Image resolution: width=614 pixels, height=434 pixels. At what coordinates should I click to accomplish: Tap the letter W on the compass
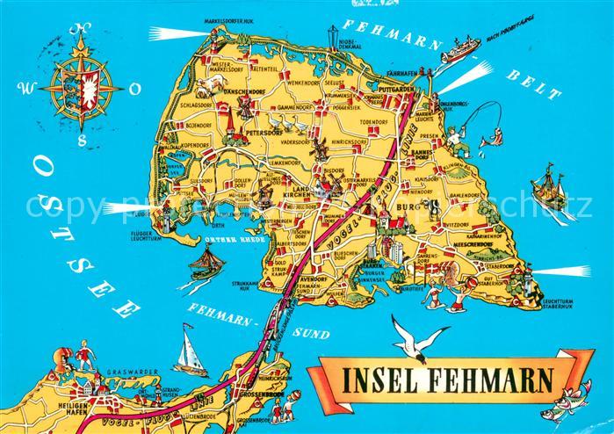(25, 88)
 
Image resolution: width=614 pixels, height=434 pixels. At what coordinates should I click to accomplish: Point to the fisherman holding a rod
(453, 136)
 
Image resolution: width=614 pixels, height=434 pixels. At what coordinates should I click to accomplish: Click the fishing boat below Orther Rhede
(208, 260)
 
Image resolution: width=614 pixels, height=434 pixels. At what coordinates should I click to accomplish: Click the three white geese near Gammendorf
(280, 122)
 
